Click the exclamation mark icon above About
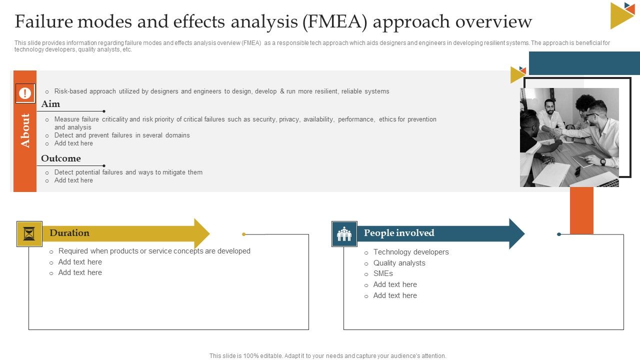click(x=25, y=93)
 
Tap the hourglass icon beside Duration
click(x=29, y=234)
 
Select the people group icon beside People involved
click(x=344, y=234)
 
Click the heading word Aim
click(x=50, y=104)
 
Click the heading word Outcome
click(x=60, y=158)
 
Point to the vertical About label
click(x=25, y=131)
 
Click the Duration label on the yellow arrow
click(x=69, y=233)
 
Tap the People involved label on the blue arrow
click(x=399, y=233)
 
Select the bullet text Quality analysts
click(x=399, y=263)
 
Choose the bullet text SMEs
click(x=383, y=273)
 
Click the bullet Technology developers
click(x=410, y=252)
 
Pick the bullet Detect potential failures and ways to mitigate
click(x=128, y=172)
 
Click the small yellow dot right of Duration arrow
click(x=244, y=234)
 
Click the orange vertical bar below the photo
click(x=581, y=210)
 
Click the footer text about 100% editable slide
click(x=327, y=356)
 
